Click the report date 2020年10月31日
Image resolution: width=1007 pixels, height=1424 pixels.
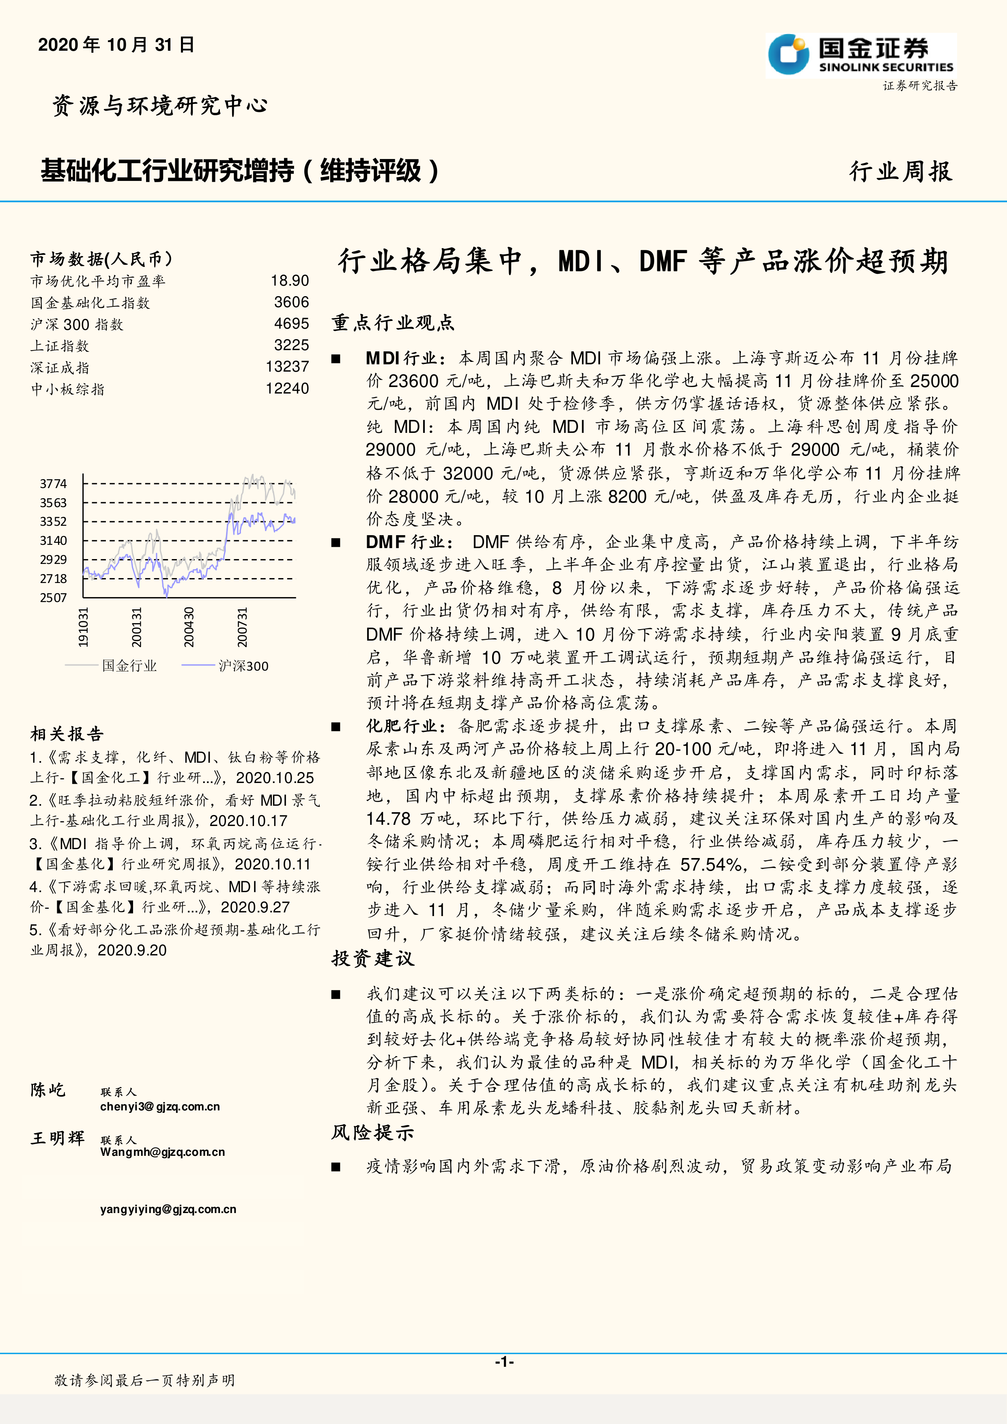coord(116,45)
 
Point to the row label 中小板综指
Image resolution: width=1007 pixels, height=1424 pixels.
coord(68,389)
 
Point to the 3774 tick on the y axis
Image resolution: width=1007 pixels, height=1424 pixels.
coord(53,483)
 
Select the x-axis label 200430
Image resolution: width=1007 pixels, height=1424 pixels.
coord(189,627)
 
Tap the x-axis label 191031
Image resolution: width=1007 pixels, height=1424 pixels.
coord(83,627)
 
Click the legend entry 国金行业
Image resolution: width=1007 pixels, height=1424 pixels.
coord(129,665)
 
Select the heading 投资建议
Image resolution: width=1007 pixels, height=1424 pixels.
coord(373,958)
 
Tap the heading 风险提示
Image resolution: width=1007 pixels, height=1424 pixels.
coord(373,1132)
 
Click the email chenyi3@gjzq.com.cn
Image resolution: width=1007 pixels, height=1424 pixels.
coord(160,1106)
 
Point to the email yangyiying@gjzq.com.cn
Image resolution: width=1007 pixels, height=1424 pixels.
coord(168,1209)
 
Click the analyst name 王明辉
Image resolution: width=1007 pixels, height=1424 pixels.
coord(58,1138)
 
